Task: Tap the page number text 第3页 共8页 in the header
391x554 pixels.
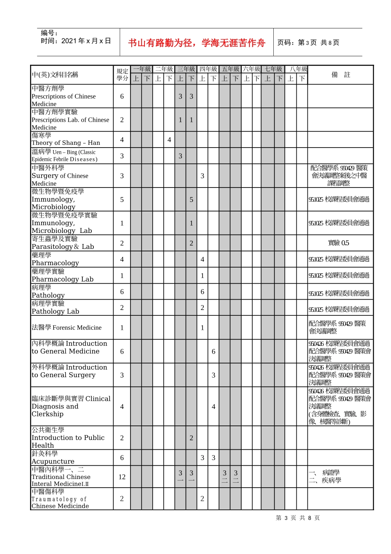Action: pyautogui.click(x=308, y=42)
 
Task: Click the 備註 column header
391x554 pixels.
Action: pyautogui.click(x=340, y=75)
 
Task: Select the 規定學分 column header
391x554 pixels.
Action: pyautogui.click(x=122, y=75)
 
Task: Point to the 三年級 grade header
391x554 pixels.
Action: pyautogui.click(x=186, y=69)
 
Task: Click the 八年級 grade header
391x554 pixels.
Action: pyautogui.click(x=297, y=69)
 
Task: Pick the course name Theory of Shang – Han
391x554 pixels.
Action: pyautogui.click(x=66, y=143)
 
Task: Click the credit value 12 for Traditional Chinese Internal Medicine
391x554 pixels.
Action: pyautogui.click(x=122, y=477)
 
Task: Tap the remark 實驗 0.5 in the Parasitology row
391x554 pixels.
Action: pyautogui.click(x=338, y=243)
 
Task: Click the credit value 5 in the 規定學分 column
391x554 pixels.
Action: pyautogui.click(x=122, y=200)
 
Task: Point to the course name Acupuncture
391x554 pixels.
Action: pyautogui.click(x=53, y=461)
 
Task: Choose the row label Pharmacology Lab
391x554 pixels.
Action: pyautogui.click(x=63, y=279)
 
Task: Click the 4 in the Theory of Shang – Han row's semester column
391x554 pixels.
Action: pyautogui.click(x=169, y=140)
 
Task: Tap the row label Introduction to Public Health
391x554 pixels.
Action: pyautogui.click(x=68, y=438)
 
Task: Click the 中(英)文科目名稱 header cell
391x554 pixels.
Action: pyautogui.click(x=55, y=75)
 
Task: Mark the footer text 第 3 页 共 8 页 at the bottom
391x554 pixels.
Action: pyautogui.click(x=298, y=518)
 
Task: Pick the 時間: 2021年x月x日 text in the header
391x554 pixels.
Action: pyautogui.click(x=76, y=41)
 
